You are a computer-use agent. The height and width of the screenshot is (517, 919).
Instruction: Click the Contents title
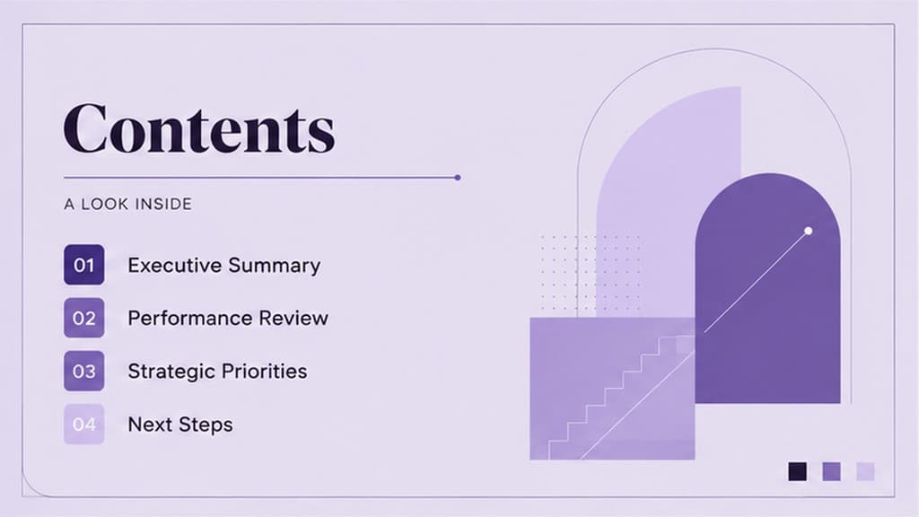pyautogui.click(x=199, y=128)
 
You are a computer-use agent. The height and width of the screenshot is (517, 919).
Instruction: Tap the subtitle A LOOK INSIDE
pyautogui.click(x=127, y=204)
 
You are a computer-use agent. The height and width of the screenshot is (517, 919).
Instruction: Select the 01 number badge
pyautogui.click(x=83, y=265)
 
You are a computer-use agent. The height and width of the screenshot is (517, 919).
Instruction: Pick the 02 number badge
pyautogui.click(x=83, y=318)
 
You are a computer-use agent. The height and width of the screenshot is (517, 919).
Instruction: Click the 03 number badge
pyautogui.click(x=83, y=371)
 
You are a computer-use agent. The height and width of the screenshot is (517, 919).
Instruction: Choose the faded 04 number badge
pyautogui.click(x=83, y=425)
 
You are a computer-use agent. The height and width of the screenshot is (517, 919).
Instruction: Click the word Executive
pyautogui.click(x=175, y=265)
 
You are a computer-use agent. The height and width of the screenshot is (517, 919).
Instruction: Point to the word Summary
pyautogui.click(x=275, y=266)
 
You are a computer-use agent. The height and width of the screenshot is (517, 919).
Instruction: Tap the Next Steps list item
pyautogui.click(x=179, y=425)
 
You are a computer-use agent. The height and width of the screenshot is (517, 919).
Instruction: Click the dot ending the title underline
pyautogui.click(x=457, y=177)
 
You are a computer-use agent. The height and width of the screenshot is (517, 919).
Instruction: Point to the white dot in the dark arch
pyautogui.click(x=809, y=231)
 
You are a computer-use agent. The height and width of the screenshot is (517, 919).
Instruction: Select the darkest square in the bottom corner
pyautogui.click(x=797, y=471)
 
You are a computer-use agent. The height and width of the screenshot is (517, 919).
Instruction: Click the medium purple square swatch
pyautogui.click(x=832, y=471)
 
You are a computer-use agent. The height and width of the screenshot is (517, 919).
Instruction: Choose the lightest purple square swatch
pyautogui.click(x=865, y=471)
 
